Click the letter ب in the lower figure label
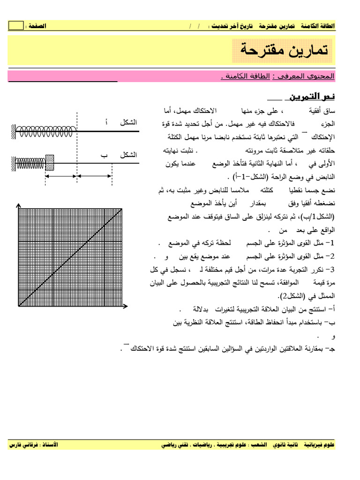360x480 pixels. click(x=105, y=154)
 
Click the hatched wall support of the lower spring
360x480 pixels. click(x=13, y=163)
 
